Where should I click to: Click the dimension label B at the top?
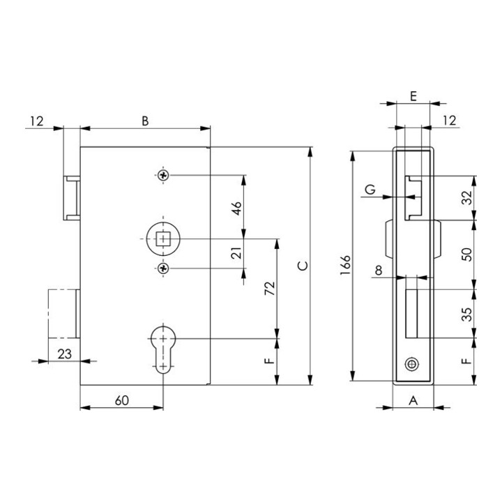pos(145,121)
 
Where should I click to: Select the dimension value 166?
pos(346,265)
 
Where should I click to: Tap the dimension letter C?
pos(303,266)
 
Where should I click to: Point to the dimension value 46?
pos(236,208)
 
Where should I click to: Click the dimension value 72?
pos(270,288)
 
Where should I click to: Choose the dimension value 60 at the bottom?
pos(122,400)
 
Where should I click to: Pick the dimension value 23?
pos(65,354)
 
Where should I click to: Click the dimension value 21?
pos(236,253)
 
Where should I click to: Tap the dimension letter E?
pos(413,96)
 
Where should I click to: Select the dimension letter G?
pos(370,189)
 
